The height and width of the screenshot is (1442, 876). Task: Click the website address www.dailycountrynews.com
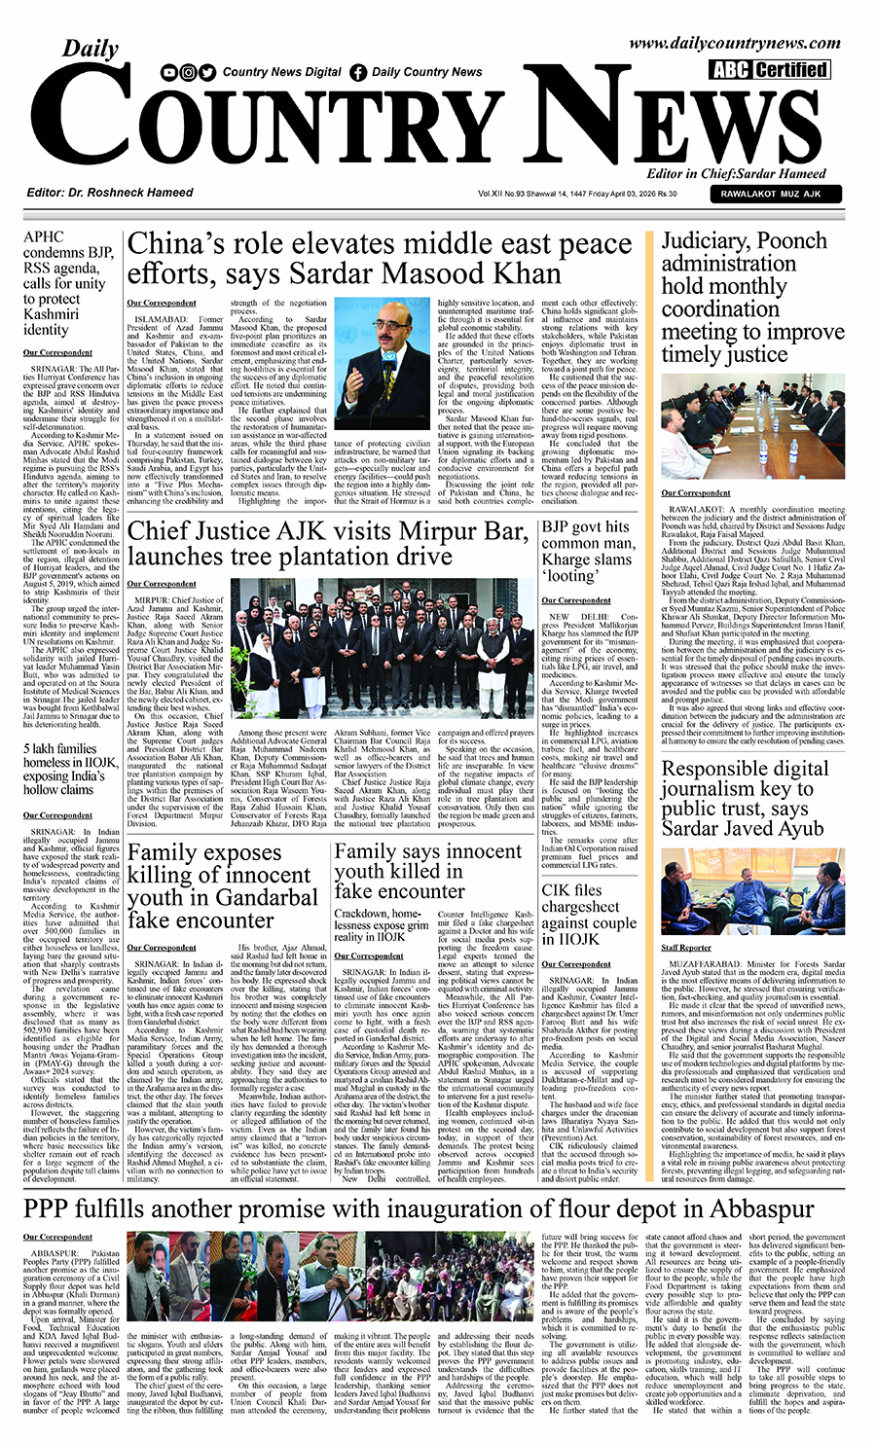(734, 44)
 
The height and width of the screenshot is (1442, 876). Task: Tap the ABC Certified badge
(769, 70)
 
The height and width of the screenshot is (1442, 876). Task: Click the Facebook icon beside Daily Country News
(357, 72)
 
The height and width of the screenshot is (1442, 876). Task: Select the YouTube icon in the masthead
(170, 72)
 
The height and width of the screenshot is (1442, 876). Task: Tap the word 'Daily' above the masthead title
(91, 49)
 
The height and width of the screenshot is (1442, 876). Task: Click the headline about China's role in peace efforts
(380, 257)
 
